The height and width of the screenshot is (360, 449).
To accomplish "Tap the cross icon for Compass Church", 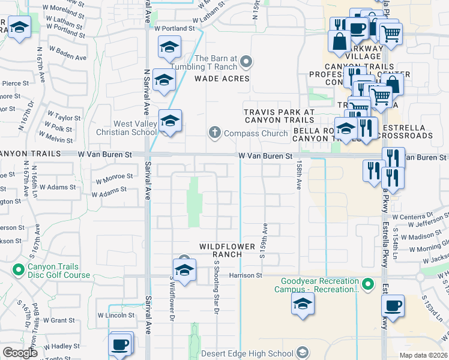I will click(215, 132).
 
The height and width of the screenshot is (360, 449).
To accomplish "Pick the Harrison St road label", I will click(246, 275).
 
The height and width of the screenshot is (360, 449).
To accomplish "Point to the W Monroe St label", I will click(115, 177).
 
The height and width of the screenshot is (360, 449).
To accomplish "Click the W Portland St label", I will click(175, 28).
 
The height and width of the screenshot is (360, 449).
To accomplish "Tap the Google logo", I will click(20, 353).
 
